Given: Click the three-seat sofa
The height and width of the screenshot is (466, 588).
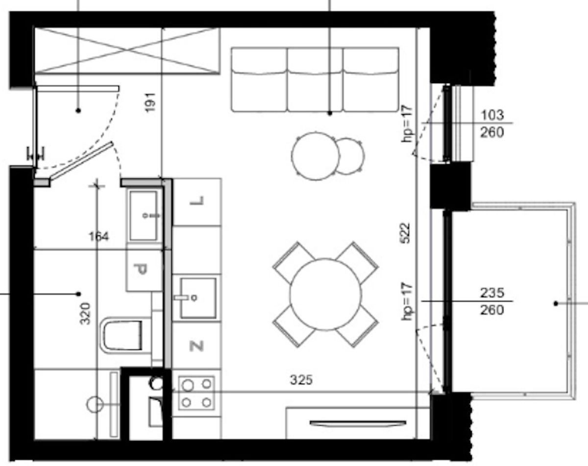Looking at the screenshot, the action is pyautogui.click(x=315, y=79).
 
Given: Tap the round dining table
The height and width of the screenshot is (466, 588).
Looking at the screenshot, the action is pyautogui.click(x=325, y=294).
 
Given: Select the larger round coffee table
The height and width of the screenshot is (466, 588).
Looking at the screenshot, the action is pyautogui.click(x=315, y=156).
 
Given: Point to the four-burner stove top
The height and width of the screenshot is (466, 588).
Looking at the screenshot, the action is pyautogui.click(x=196, y=393).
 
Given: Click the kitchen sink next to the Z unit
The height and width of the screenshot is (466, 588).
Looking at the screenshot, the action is pyautogui.click(x=198, y=298).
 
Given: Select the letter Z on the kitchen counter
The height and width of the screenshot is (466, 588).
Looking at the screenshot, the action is pyautogui.click(x=196, y=346).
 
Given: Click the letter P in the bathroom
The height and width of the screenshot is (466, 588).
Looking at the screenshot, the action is pyautogui.click(x=141, y=270).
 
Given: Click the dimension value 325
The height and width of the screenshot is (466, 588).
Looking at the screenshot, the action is pyautogui.click(x=301, y=380).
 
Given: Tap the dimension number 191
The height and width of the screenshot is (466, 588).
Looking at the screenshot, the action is pyautogui.click(x=150, y=103).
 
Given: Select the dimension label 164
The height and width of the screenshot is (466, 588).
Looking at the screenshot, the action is pyautogui.click(x=99, y=236).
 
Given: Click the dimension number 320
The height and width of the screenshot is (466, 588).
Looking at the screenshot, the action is pyautogui.click(x=85, y=314).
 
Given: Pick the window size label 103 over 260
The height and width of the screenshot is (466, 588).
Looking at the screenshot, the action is pyautogui.click(x=492, y=124).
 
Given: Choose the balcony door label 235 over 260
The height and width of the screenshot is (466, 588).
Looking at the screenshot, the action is pyautogui.click(x=492, y=302).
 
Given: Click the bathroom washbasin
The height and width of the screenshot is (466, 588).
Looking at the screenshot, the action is pyautogui.click(x=144, y=216).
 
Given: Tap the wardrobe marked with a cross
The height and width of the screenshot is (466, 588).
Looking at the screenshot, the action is pyautogui.click(x=127, y=51).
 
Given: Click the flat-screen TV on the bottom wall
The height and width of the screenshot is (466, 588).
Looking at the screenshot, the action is pyautogui.click(x=358, y=423).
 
